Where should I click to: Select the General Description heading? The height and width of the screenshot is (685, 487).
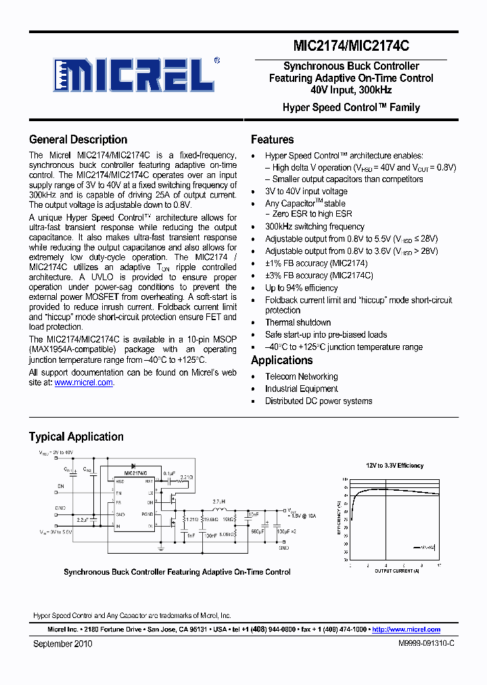coord(78,139)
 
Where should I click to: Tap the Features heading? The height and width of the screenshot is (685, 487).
coord(272,139)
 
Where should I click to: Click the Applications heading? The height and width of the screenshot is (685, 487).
coord(281,360)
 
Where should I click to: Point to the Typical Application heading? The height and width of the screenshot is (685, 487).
coord(76,437)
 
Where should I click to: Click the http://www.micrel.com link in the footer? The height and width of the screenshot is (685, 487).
coord(406,629)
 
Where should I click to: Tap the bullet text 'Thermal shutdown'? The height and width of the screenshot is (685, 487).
coord(298,323)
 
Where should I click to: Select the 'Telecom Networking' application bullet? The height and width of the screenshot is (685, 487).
coord(301,376)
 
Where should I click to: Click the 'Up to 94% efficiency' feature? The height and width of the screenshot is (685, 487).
coord(301,288)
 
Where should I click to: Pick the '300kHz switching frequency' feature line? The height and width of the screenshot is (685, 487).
coord(315,227)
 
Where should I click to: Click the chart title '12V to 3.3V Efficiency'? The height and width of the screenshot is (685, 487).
coord(395,466)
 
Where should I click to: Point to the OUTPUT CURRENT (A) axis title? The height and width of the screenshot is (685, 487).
coord(397,571)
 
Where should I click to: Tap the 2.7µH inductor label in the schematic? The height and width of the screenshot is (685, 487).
coord(218,502)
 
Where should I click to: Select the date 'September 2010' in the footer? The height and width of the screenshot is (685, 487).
coord(62,644)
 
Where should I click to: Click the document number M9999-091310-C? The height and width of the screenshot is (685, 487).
coord(426,644)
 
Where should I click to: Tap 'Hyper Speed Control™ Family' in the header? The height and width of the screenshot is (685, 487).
coord(351,108)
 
